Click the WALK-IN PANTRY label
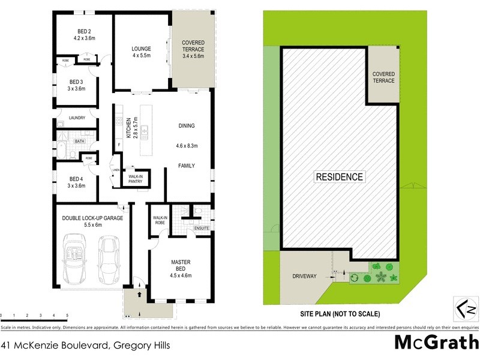tap(136, 179)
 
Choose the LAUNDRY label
tap(77, 118)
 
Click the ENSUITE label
tap(200, 229)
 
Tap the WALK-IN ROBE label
tap(160, 220)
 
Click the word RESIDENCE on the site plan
tap(340, 177)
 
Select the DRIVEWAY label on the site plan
tap(304, 277)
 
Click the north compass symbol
tap(465, 309)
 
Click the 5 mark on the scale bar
tap(67, 315)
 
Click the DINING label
tap(187, 126)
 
